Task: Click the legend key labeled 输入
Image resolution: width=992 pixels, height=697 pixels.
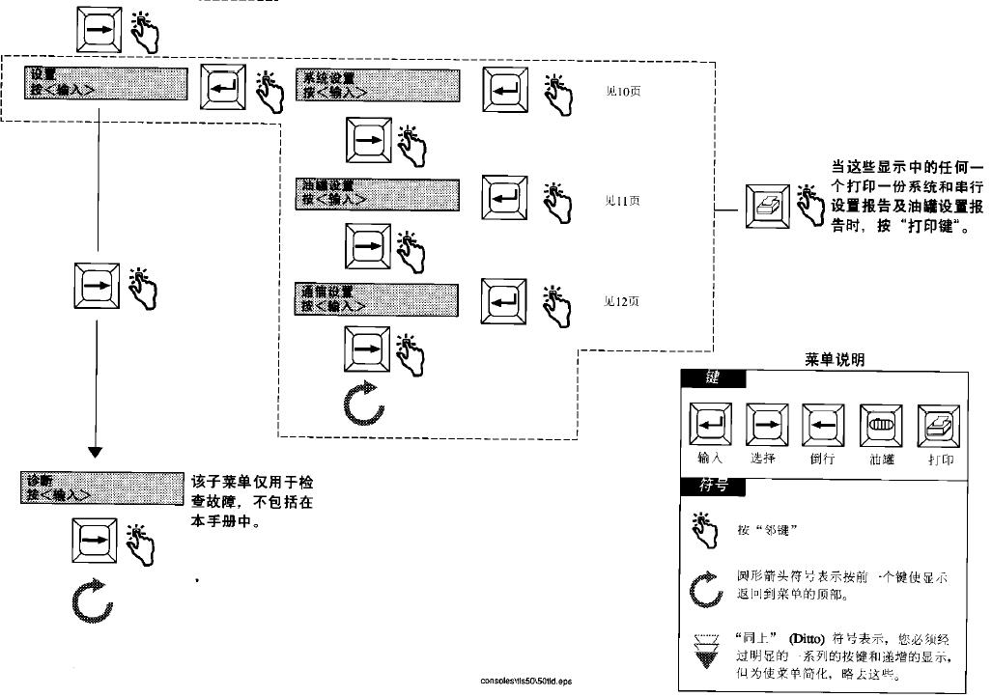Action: click(710, 424)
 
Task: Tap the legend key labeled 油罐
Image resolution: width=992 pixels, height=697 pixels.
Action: click(879, 424)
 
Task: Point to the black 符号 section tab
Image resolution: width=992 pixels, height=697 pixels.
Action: click(712, 486)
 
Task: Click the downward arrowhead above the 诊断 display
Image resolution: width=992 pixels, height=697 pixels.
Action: click(95, 450)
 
